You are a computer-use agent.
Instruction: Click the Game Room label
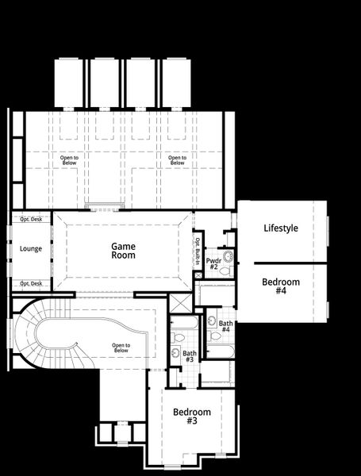[123, 251]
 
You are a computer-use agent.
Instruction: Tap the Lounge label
[31, 249]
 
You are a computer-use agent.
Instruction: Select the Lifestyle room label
[281, 228]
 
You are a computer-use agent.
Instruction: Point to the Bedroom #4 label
[281, 286]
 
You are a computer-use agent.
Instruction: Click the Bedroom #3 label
[192, 416]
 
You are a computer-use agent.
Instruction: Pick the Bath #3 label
[189, 357]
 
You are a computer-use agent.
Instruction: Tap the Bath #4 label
[225, 326]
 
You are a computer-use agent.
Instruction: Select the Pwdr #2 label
[213, 263]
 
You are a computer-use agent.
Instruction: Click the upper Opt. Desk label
[31, 218]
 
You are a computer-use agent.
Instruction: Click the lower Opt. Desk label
[31, 283]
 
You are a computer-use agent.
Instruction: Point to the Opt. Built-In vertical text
[198, 251]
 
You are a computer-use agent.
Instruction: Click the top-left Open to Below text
[70, 159]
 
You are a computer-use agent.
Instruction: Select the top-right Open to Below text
[177, 159]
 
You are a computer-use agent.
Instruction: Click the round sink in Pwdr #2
[228, 256]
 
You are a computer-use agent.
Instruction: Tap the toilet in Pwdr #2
[225, 271]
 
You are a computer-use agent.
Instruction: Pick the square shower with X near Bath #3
[180, 305]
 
